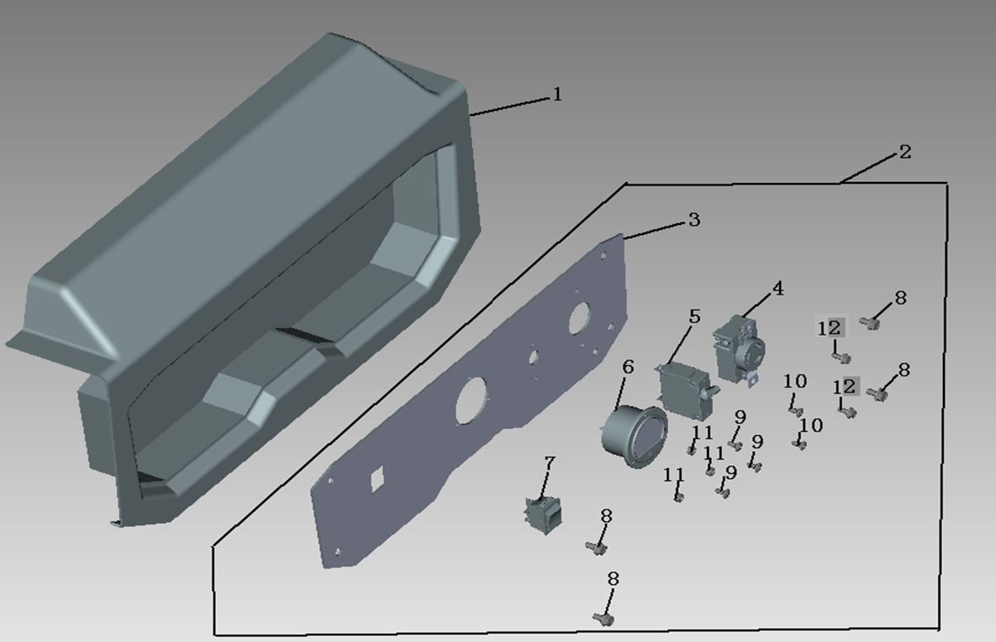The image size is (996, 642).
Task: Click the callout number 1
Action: tap(557, 94)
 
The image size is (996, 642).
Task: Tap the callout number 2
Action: tap(905, 152)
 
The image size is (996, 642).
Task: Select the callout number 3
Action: tap(694, 219)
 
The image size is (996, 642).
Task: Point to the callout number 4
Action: tap(777, 289)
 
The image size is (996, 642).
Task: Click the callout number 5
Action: tap(695, 316)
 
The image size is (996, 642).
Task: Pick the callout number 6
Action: tap(628, 367)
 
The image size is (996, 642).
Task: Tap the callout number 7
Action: tap(550, 463)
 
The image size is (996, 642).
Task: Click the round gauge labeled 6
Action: tap(634, 435)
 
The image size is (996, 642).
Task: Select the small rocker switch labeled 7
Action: tap(543, 515)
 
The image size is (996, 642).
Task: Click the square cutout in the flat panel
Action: tap(378, 480)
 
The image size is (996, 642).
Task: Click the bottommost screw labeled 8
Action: tap(604, 618)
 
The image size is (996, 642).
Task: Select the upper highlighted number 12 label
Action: tap(830, 328)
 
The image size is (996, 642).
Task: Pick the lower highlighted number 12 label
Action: tap(845, 387)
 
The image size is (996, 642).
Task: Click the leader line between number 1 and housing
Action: tap(511, 107)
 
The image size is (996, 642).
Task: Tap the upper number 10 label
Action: tap(795, 381)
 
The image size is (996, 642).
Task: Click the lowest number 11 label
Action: tap(674, 475)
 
